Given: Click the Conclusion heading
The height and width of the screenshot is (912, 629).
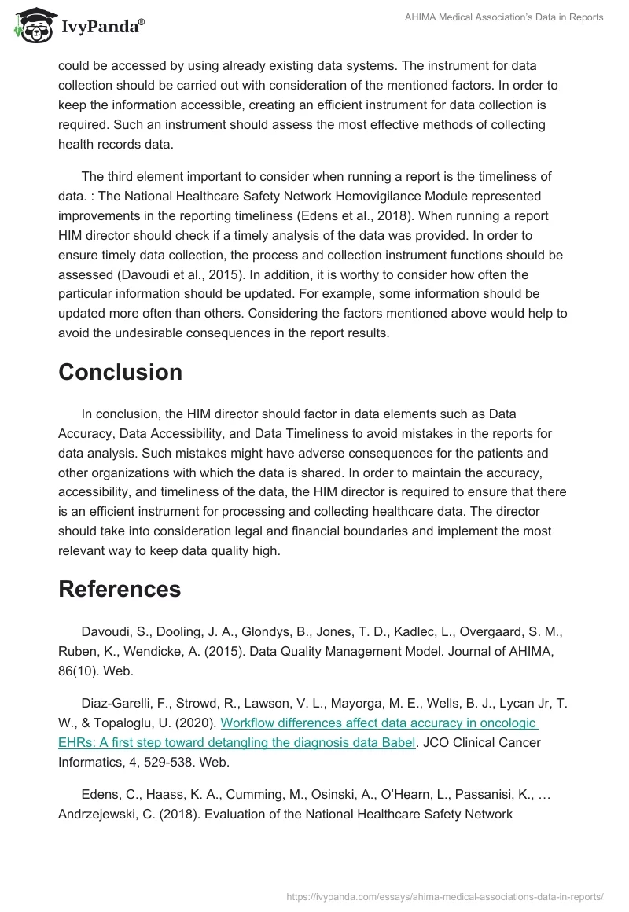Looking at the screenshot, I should [x=120, y=372].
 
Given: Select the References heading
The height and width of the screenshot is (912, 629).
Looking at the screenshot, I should [x=120, y=589].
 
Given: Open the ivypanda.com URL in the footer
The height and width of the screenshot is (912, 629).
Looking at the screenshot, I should [x=445, y=895].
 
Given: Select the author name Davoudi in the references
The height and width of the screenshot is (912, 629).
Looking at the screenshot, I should [x=106, y=631].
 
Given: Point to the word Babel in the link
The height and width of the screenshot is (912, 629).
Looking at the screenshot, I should [x=395, y=742].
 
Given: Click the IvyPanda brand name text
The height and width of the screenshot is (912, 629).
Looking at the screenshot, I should [x=101, y=27].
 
